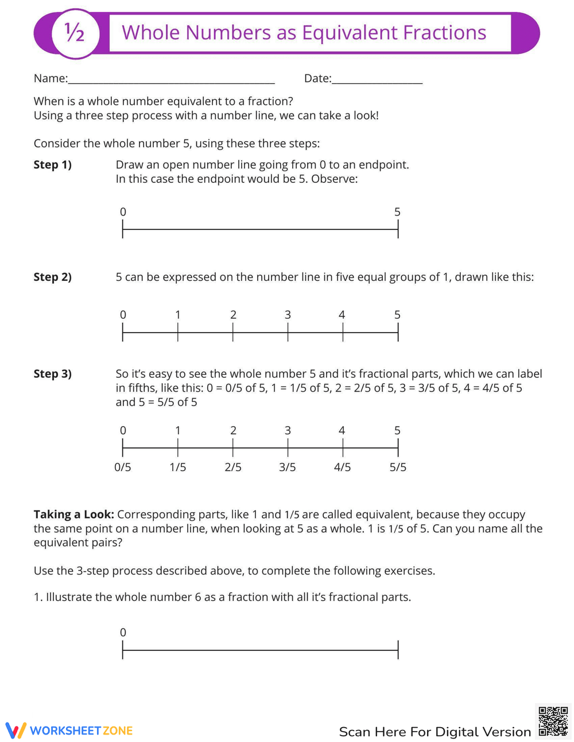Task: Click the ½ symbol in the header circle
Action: pyautogui.click(x=75, y=33)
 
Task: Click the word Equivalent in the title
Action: pyautogui.click(x=349, y=33)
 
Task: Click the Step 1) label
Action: pyautogui.click(x=52, y=165)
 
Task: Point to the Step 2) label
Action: pyautogui.click(x=52, y=277)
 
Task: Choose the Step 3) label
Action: pyautogui.click(x=52, y=374)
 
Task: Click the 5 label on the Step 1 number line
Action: pyautogui.click(x=397, y=212)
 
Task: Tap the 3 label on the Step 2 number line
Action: pyautogui.click(x=288, y=315)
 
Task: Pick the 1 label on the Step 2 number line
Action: pyautogui.click(x=178, y=315)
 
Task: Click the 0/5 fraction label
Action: pyautogui.click(x=122, y=467)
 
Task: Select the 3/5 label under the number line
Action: pyautogui.click(x=288, y=467)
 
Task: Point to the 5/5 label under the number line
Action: pyautogui.click(x=398, y=467)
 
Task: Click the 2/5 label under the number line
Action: pyautogui.click(x=233, y=467)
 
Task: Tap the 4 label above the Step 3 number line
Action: pyautogui.click(x=342, y=431)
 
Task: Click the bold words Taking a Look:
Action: pyautogui.click(x=73, y=514)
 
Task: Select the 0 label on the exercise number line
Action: pyautogui.click(x=123, y=632)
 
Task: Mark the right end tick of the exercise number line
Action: pyautogui.click(x=398, y=650)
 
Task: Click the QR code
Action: pyautogui.click(x=553, y=721)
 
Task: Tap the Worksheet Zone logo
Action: pyautogui.click(x=69, y=731)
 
